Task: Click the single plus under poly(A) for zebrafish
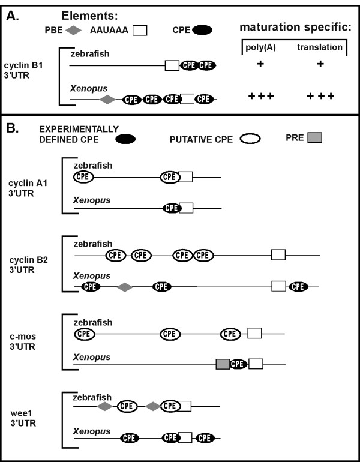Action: pos(260,64)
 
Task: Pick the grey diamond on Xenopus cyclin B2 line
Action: pos(124,287)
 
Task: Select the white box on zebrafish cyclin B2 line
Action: pos(278,254)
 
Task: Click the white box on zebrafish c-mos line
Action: pos(255,333)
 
